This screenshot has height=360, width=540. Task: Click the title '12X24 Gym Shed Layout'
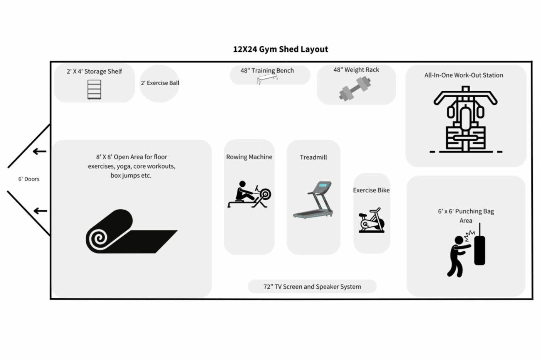[280, 49]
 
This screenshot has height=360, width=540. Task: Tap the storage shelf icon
[94, 90]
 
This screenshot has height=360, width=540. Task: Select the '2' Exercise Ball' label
[160, 83]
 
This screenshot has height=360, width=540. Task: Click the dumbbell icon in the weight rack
[355, 89]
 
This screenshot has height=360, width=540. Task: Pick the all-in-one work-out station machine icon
[466, 119]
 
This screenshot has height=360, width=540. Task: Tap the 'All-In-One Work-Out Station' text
[464, 75]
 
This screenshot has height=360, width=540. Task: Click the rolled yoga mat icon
[132, 231]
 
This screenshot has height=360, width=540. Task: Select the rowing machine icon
[249, 194]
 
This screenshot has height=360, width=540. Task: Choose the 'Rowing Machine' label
[249, 157]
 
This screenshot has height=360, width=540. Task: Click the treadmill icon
[313, 200]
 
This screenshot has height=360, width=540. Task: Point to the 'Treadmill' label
[313, 157]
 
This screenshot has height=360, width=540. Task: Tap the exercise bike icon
[371, 220]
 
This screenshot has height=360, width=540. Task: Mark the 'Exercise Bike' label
[371, 190]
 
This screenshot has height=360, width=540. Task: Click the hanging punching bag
[479, 246]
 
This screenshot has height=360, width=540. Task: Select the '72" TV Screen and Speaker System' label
[312, 287]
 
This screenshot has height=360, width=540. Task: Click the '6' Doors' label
[29, 179]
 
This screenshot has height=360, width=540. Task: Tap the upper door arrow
[39, 152]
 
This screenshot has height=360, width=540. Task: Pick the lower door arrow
[40, 211]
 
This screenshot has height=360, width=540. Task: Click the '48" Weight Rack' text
[356, 70]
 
